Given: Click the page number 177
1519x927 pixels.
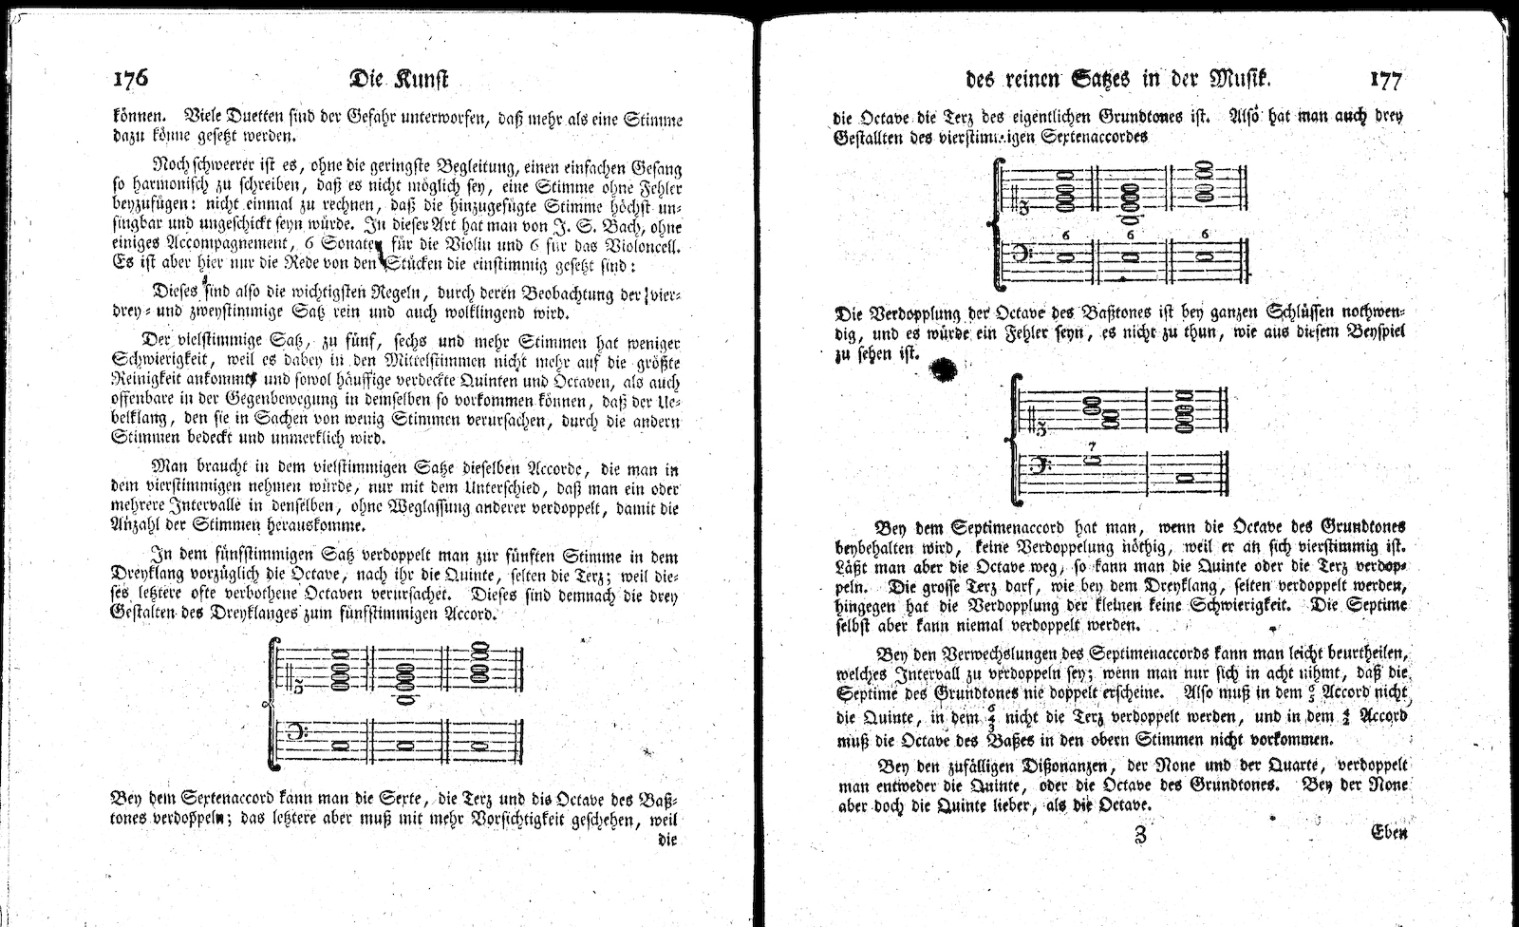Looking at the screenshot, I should click(x=1385, y=80).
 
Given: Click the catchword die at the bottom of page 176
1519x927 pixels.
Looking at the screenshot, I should click(x=666, y=840).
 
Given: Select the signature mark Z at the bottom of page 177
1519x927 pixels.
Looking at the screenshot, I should click(x=1139, y=836).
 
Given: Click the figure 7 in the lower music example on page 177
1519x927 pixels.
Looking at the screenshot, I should click(x=1093, y=445).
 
